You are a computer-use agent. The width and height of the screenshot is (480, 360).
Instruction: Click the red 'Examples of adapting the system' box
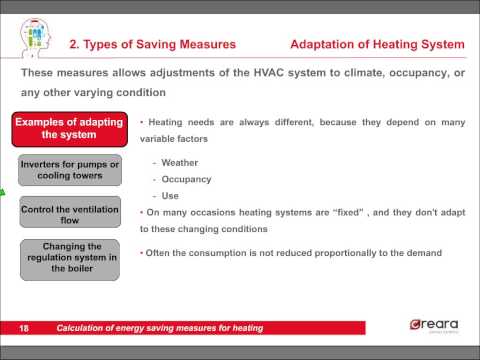(x=69, y=129)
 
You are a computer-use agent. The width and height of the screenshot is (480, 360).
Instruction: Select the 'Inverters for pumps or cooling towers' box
(x=69, y=169)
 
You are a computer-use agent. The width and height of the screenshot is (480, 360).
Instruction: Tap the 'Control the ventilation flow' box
(x=69, y=213)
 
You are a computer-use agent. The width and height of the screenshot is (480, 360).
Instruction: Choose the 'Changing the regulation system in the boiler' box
(x=69, y=257)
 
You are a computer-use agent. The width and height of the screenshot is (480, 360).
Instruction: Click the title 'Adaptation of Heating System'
(x=377, y=44)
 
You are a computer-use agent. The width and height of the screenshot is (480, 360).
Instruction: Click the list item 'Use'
(x=170, y=196)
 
